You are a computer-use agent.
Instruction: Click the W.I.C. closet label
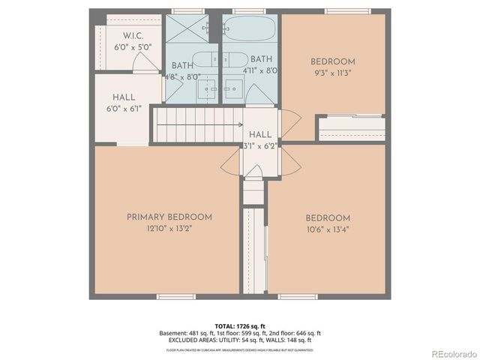[x=133, y=35]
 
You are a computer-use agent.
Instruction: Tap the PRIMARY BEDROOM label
[x=169, y=217]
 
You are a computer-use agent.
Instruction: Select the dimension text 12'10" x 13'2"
[x=169, y=229]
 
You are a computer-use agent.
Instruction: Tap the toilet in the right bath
[x=235, y=60]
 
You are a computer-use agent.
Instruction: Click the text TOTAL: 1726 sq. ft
[x=239, y=325]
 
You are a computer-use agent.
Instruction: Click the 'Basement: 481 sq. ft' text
[x=184, y=333]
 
